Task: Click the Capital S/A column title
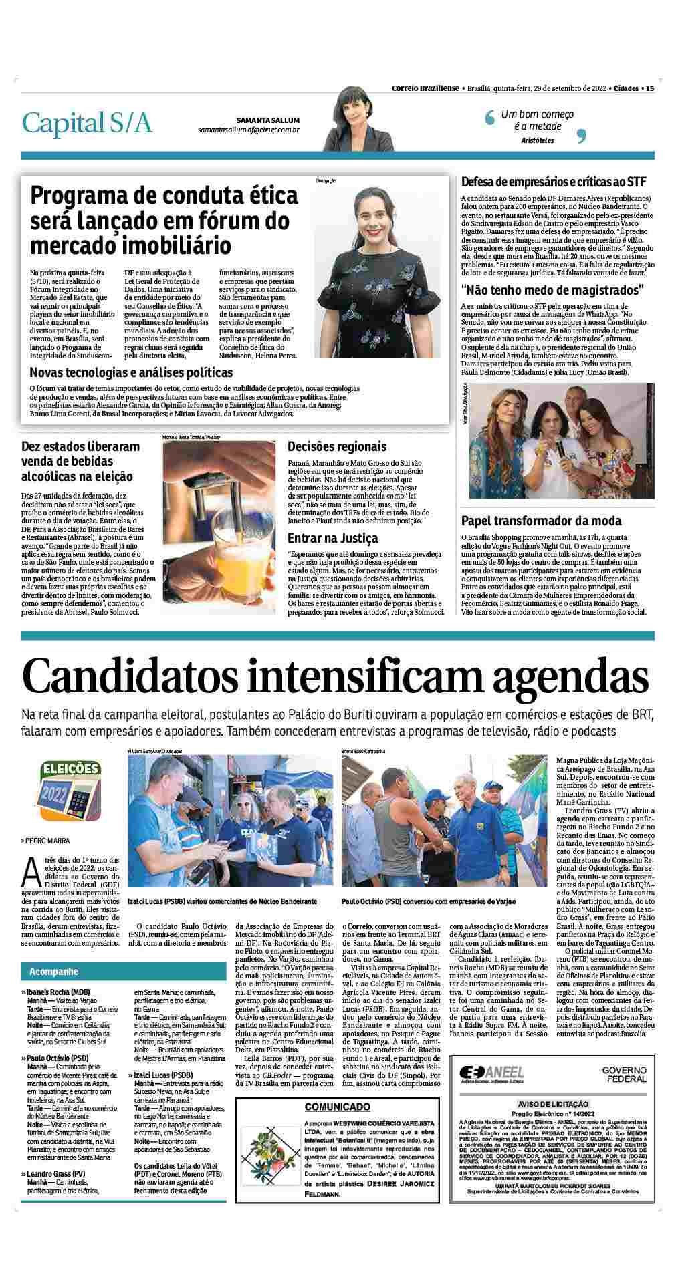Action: pos(88,124)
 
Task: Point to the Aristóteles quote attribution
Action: pos(538,140)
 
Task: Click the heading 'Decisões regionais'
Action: pos(337,446)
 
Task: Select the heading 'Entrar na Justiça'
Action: pos(332,537)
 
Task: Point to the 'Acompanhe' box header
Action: pos(51,971)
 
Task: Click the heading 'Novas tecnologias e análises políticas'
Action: pos(131,372)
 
